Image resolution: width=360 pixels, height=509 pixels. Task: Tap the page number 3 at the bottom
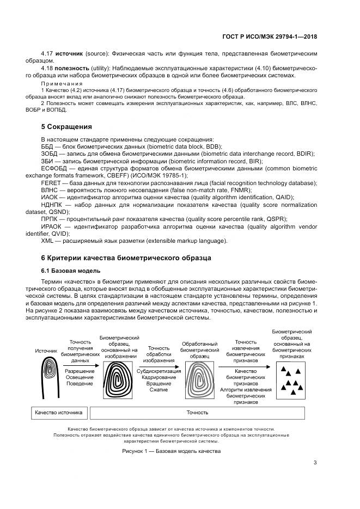(315, 463)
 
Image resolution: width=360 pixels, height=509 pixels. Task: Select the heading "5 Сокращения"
(66, 127)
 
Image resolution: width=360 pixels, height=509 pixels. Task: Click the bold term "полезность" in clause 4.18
(71, 68)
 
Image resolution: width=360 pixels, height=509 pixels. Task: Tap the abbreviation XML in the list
(47, 240)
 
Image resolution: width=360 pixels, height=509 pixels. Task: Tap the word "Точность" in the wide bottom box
(197, 413)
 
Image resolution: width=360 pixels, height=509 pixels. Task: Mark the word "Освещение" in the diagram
(80, 377)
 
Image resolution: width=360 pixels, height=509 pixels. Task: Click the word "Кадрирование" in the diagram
(158, 377)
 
